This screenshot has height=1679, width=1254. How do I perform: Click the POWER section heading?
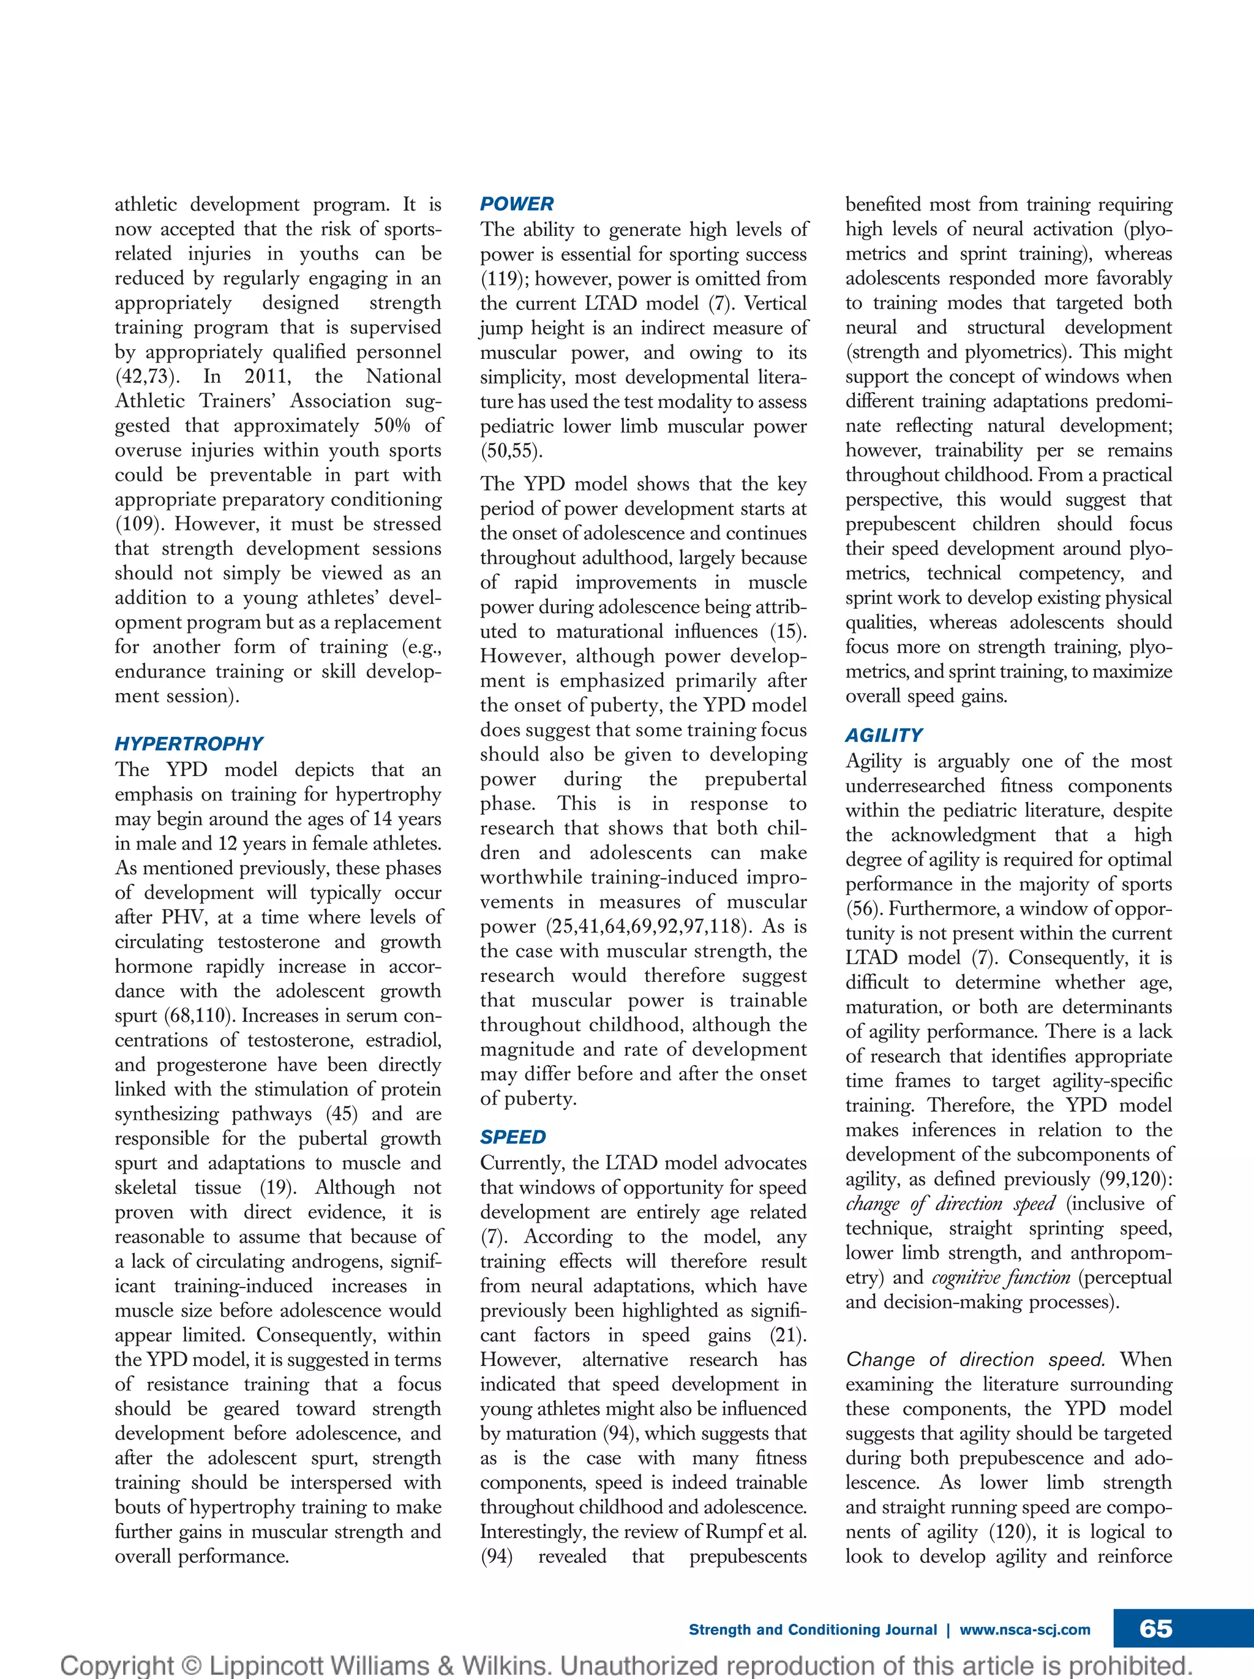tap(517, 204)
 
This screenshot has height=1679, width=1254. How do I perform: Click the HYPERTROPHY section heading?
tap(189, 744)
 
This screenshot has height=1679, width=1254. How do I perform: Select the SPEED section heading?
tap(513, 1137)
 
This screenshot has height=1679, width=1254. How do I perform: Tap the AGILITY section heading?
tap(884, 736)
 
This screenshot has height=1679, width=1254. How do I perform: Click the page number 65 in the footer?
tap(1155, 1629)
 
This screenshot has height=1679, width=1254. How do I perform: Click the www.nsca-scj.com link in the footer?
tap(1025, 1629)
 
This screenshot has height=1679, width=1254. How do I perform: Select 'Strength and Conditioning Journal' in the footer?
tap(813, 1629)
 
